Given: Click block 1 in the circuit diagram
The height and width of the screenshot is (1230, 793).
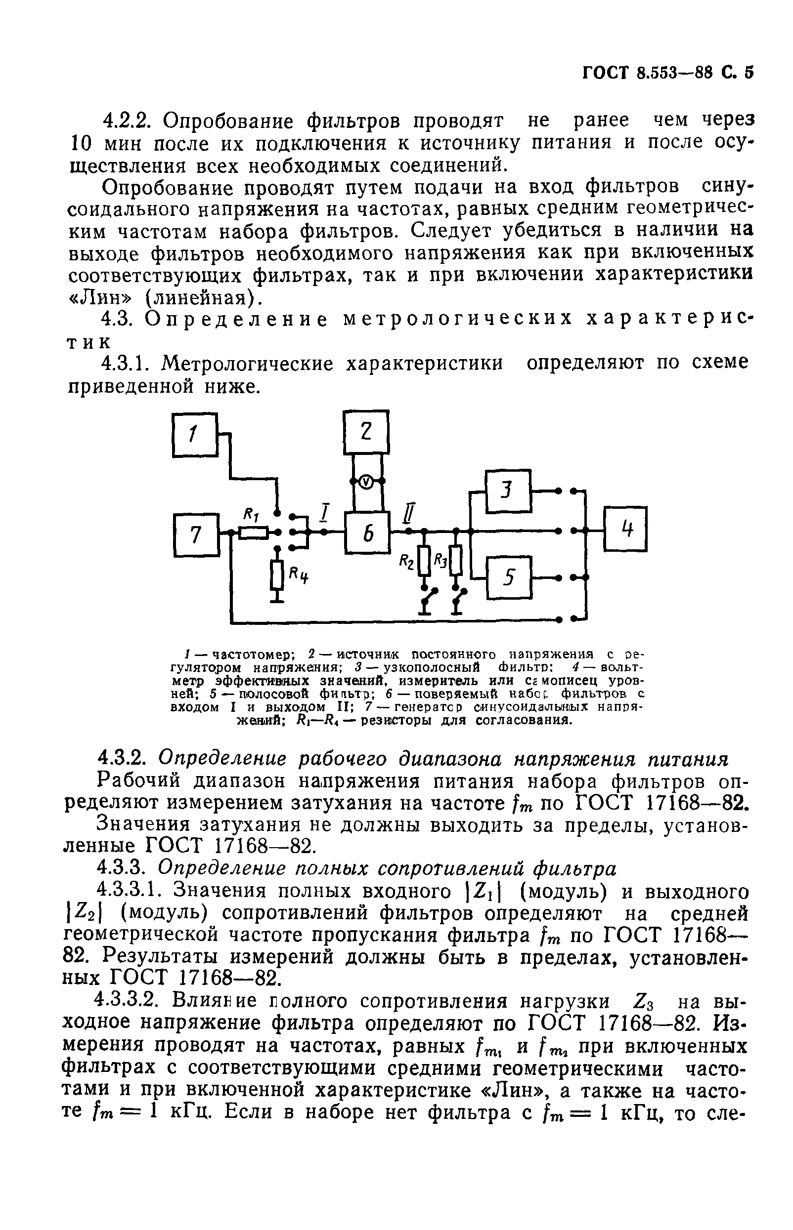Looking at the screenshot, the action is point(195,435).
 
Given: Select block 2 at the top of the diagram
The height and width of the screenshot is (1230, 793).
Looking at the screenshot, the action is point(366,432).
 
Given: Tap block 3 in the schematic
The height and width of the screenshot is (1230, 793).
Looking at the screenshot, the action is point(508,492).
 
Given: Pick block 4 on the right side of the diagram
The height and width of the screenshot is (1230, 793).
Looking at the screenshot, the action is point(625,530).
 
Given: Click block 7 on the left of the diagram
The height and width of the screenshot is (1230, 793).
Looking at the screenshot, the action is point(195,535).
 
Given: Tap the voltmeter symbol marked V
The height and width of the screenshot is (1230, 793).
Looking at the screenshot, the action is point(366,481).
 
